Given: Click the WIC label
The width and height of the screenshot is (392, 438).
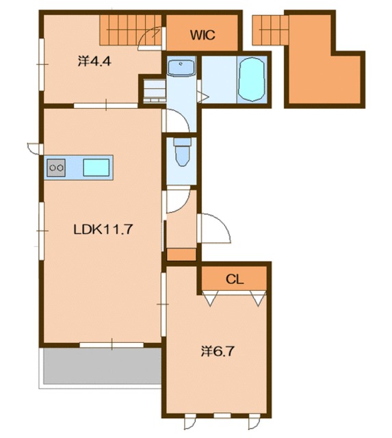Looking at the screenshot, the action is [202, 35].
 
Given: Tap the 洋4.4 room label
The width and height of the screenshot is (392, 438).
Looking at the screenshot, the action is [94, 61].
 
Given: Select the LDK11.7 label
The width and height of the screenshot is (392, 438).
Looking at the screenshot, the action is [103, 230].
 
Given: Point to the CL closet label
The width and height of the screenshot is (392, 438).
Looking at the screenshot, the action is [235, 279].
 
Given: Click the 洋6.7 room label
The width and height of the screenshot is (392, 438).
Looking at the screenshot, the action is [218, 351].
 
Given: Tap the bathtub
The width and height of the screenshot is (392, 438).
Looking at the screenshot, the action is [251, 79].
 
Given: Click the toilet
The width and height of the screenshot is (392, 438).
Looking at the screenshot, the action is [183, 152].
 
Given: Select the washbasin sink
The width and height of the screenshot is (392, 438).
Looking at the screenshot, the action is [181, 68].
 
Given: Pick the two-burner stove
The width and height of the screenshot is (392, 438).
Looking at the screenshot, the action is [56, 168].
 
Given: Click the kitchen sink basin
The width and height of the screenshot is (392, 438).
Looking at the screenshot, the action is [96, 168].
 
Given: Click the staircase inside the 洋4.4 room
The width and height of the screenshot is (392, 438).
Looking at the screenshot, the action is [131, 30].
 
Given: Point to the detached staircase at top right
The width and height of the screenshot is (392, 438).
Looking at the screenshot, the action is [270, 30].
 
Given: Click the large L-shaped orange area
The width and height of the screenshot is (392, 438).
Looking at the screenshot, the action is [325, 60].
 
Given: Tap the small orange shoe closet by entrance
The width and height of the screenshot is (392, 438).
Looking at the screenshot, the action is [181, 255].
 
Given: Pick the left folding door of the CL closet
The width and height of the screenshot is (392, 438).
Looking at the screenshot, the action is [210, 298].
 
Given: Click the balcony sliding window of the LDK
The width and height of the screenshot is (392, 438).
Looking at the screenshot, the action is [112, 345].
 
